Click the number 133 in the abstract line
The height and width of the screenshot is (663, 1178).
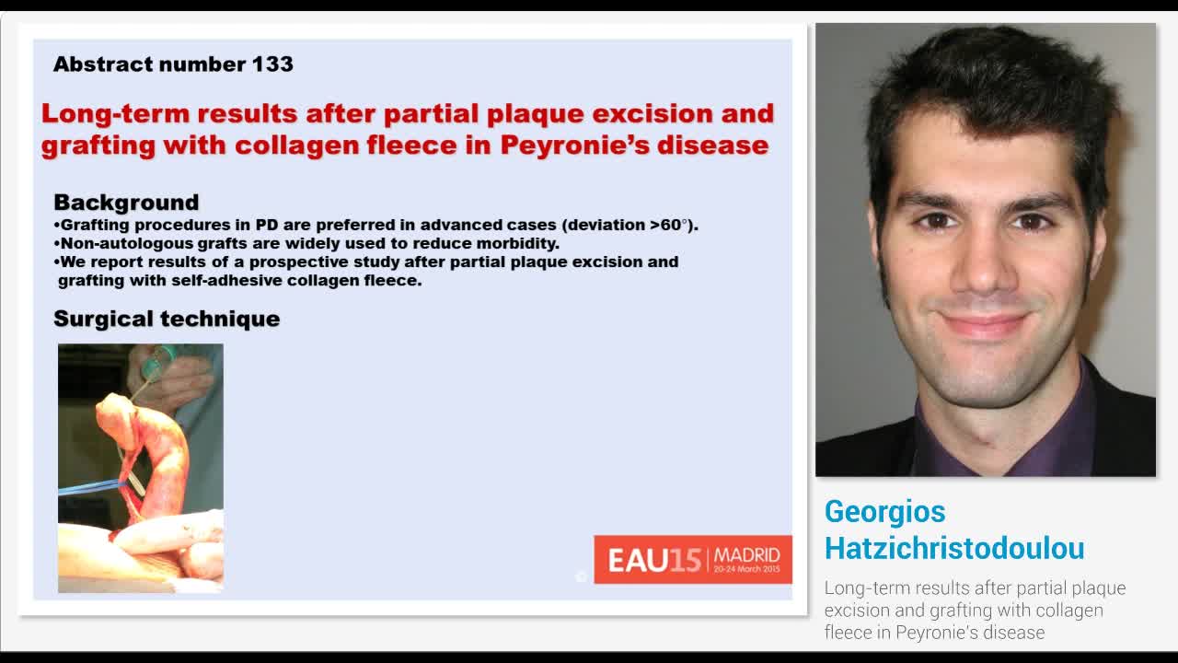(x=271, y=64)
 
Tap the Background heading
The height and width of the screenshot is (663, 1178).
(x=126, y=203)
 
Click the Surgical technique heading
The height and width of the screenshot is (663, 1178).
(x=167, y=319)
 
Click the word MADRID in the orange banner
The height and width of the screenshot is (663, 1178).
(x=747, y=555)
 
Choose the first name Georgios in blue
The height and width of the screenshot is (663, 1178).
(x=884, y=512)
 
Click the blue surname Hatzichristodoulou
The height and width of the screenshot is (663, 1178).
(x=954, y=548)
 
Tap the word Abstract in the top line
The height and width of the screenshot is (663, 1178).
(x=102, y=64)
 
